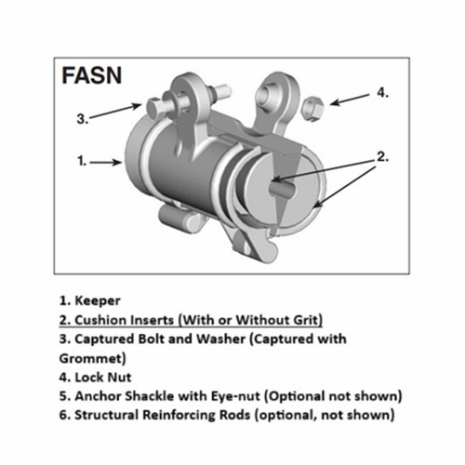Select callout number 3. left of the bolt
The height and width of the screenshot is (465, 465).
81,118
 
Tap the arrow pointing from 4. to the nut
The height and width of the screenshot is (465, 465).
349,98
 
